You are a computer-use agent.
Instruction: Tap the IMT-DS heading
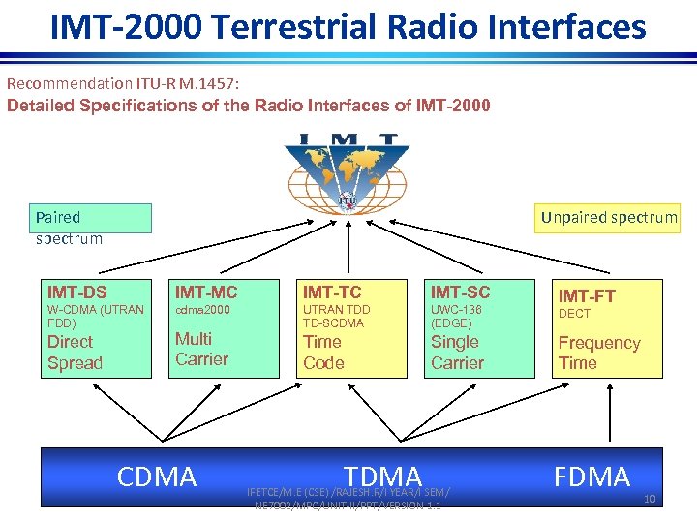click(77, 292)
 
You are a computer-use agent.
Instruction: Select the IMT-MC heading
click(206, 292)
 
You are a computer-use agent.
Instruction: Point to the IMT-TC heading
click(333, 292)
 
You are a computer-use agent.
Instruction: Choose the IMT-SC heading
click(460, 292)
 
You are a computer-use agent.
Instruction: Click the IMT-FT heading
click(587, 295)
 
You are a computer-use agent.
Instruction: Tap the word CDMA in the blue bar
click(157, 477)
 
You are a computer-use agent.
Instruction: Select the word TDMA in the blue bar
click(383, 477)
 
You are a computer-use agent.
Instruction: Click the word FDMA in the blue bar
click(591, 477)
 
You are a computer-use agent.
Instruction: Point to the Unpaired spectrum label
click(609, 217)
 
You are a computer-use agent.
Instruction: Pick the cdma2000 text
click(203, 310)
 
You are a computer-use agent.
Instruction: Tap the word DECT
click(574, 314)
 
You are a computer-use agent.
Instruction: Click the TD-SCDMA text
click(334, 323)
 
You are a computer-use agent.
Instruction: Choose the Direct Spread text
click(75, 353)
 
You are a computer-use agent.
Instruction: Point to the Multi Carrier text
click(201, 349)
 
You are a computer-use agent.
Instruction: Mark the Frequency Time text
click(598, 353)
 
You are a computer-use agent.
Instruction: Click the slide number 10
click(648, 499)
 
